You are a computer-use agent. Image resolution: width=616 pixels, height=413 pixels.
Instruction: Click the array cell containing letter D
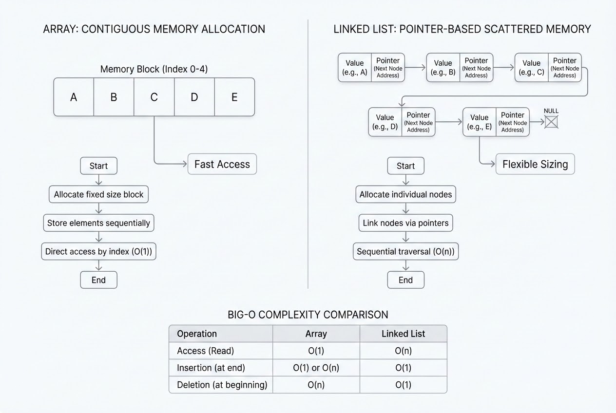tap(194, 97)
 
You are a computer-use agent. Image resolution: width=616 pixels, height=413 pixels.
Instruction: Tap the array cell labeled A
tap(74, 97)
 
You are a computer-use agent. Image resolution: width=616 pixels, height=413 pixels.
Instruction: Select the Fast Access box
tap(222, 164)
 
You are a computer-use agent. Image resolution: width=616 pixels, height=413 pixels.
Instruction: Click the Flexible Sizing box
tap(535, 164)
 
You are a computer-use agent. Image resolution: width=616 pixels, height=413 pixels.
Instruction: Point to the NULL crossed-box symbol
tap(551, 122)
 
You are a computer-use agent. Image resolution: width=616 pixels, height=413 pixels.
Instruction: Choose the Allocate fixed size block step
tap(99, 194)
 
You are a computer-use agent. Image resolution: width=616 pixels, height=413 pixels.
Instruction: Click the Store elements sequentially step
tap(99, 223)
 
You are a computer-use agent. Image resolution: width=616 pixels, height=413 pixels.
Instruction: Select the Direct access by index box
tap(99, 251)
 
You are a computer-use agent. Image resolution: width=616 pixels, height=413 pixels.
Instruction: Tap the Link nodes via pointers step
tap(405, 223)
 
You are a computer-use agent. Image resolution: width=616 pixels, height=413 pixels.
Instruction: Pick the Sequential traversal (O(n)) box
tap(405, 251)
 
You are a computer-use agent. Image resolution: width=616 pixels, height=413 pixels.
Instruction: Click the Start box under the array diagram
tap(99, 166)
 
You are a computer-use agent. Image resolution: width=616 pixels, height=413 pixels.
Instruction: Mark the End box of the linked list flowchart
tap(405, 280)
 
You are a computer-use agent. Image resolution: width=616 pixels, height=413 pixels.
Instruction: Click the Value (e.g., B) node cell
tap(443, 68)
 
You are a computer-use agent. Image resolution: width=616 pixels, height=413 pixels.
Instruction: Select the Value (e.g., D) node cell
tap(385, 122)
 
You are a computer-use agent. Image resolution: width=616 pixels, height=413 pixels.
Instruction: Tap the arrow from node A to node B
tap(415, 67)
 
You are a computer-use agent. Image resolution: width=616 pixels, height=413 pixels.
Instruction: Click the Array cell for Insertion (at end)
tap(316, 368)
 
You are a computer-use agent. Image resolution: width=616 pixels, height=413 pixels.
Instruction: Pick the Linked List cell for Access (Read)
tap(404, 351)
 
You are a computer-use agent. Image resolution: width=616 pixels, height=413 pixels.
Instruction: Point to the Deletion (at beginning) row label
tap(222, 385)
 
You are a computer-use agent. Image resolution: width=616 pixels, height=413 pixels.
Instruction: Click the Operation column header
tap(197, 334)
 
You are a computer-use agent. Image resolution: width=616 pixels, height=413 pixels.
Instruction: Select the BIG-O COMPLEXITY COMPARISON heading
tap(308, 315)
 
